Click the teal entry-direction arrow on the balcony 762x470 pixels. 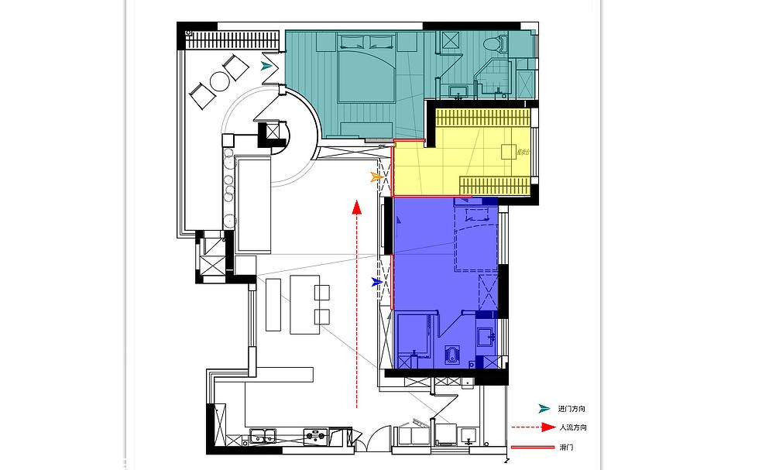click(267, 66)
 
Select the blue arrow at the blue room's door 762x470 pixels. click(377, 283)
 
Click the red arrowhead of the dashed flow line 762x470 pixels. click(356, 207)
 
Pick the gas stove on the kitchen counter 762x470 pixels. click(315, 437)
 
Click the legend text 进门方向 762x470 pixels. click(571, 409)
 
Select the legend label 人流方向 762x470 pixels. click(572, 427)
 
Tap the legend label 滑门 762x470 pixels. click(566, 448)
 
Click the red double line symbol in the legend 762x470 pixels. click(532, 448)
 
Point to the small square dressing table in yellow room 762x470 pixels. click(510, 150)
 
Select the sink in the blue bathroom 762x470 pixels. click(486, 337)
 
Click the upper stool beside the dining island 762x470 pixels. click(322, 292)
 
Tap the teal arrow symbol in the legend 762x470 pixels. click(545, 409)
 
